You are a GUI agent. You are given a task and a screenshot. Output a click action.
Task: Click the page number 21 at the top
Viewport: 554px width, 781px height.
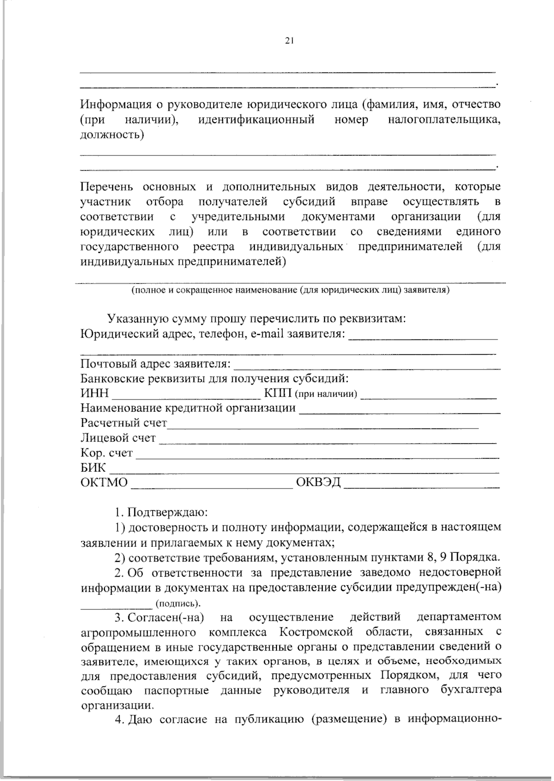[x=289, y=41]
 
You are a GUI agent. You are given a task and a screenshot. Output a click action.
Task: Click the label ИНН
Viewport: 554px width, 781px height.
[x=95, y=393]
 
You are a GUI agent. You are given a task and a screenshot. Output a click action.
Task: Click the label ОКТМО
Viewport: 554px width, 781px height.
[x=104, y=483]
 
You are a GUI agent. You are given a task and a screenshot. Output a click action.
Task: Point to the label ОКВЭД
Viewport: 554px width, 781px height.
[x=318, y=483]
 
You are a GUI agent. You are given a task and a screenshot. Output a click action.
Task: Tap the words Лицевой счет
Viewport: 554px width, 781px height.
[x=118, y=438]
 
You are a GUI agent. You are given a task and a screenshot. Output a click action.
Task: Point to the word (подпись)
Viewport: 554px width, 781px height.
[x=178, y=603]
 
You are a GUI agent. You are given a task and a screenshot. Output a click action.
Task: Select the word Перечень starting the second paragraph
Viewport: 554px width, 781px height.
[x=107, y=187]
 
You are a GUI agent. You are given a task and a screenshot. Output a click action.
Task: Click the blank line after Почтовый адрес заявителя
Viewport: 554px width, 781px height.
[x=367, y=368]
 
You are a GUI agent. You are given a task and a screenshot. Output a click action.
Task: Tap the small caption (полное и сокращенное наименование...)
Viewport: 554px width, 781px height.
[x=290, y=291]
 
